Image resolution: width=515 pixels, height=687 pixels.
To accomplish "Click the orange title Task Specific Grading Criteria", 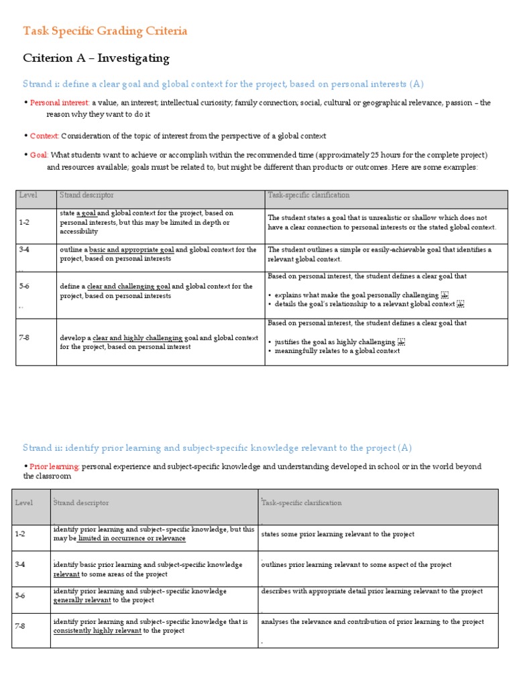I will point(105,31).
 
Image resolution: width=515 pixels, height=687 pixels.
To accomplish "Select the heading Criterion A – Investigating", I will point(96,58).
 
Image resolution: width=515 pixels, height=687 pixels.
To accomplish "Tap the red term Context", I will point(44,136).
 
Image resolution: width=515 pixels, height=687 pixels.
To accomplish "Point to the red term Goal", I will point(38,155).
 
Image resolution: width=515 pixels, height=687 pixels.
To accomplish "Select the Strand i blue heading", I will point(223,84).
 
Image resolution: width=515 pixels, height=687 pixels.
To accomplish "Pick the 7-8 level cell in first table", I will point(25,337).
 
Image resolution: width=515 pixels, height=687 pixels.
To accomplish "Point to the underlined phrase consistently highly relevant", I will point(97,631).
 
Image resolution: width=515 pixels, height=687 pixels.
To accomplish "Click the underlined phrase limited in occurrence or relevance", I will point(131,538).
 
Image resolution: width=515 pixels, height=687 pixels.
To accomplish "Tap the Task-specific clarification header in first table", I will point(308,195).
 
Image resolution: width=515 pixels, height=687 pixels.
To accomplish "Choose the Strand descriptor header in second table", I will point(81,503).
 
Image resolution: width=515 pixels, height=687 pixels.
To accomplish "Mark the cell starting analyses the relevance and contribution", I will point(372,622).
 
